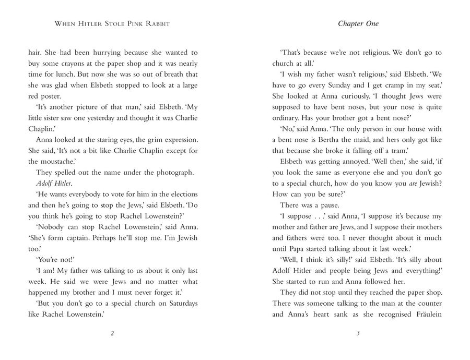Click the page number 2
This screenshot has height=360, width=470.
coord(113,334)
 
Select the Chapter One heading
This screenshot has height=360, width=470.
coord(358,23)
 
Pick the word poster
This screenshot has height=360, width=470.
coord(52,97)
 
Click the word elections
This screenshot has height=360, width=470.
coord(182,195)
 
